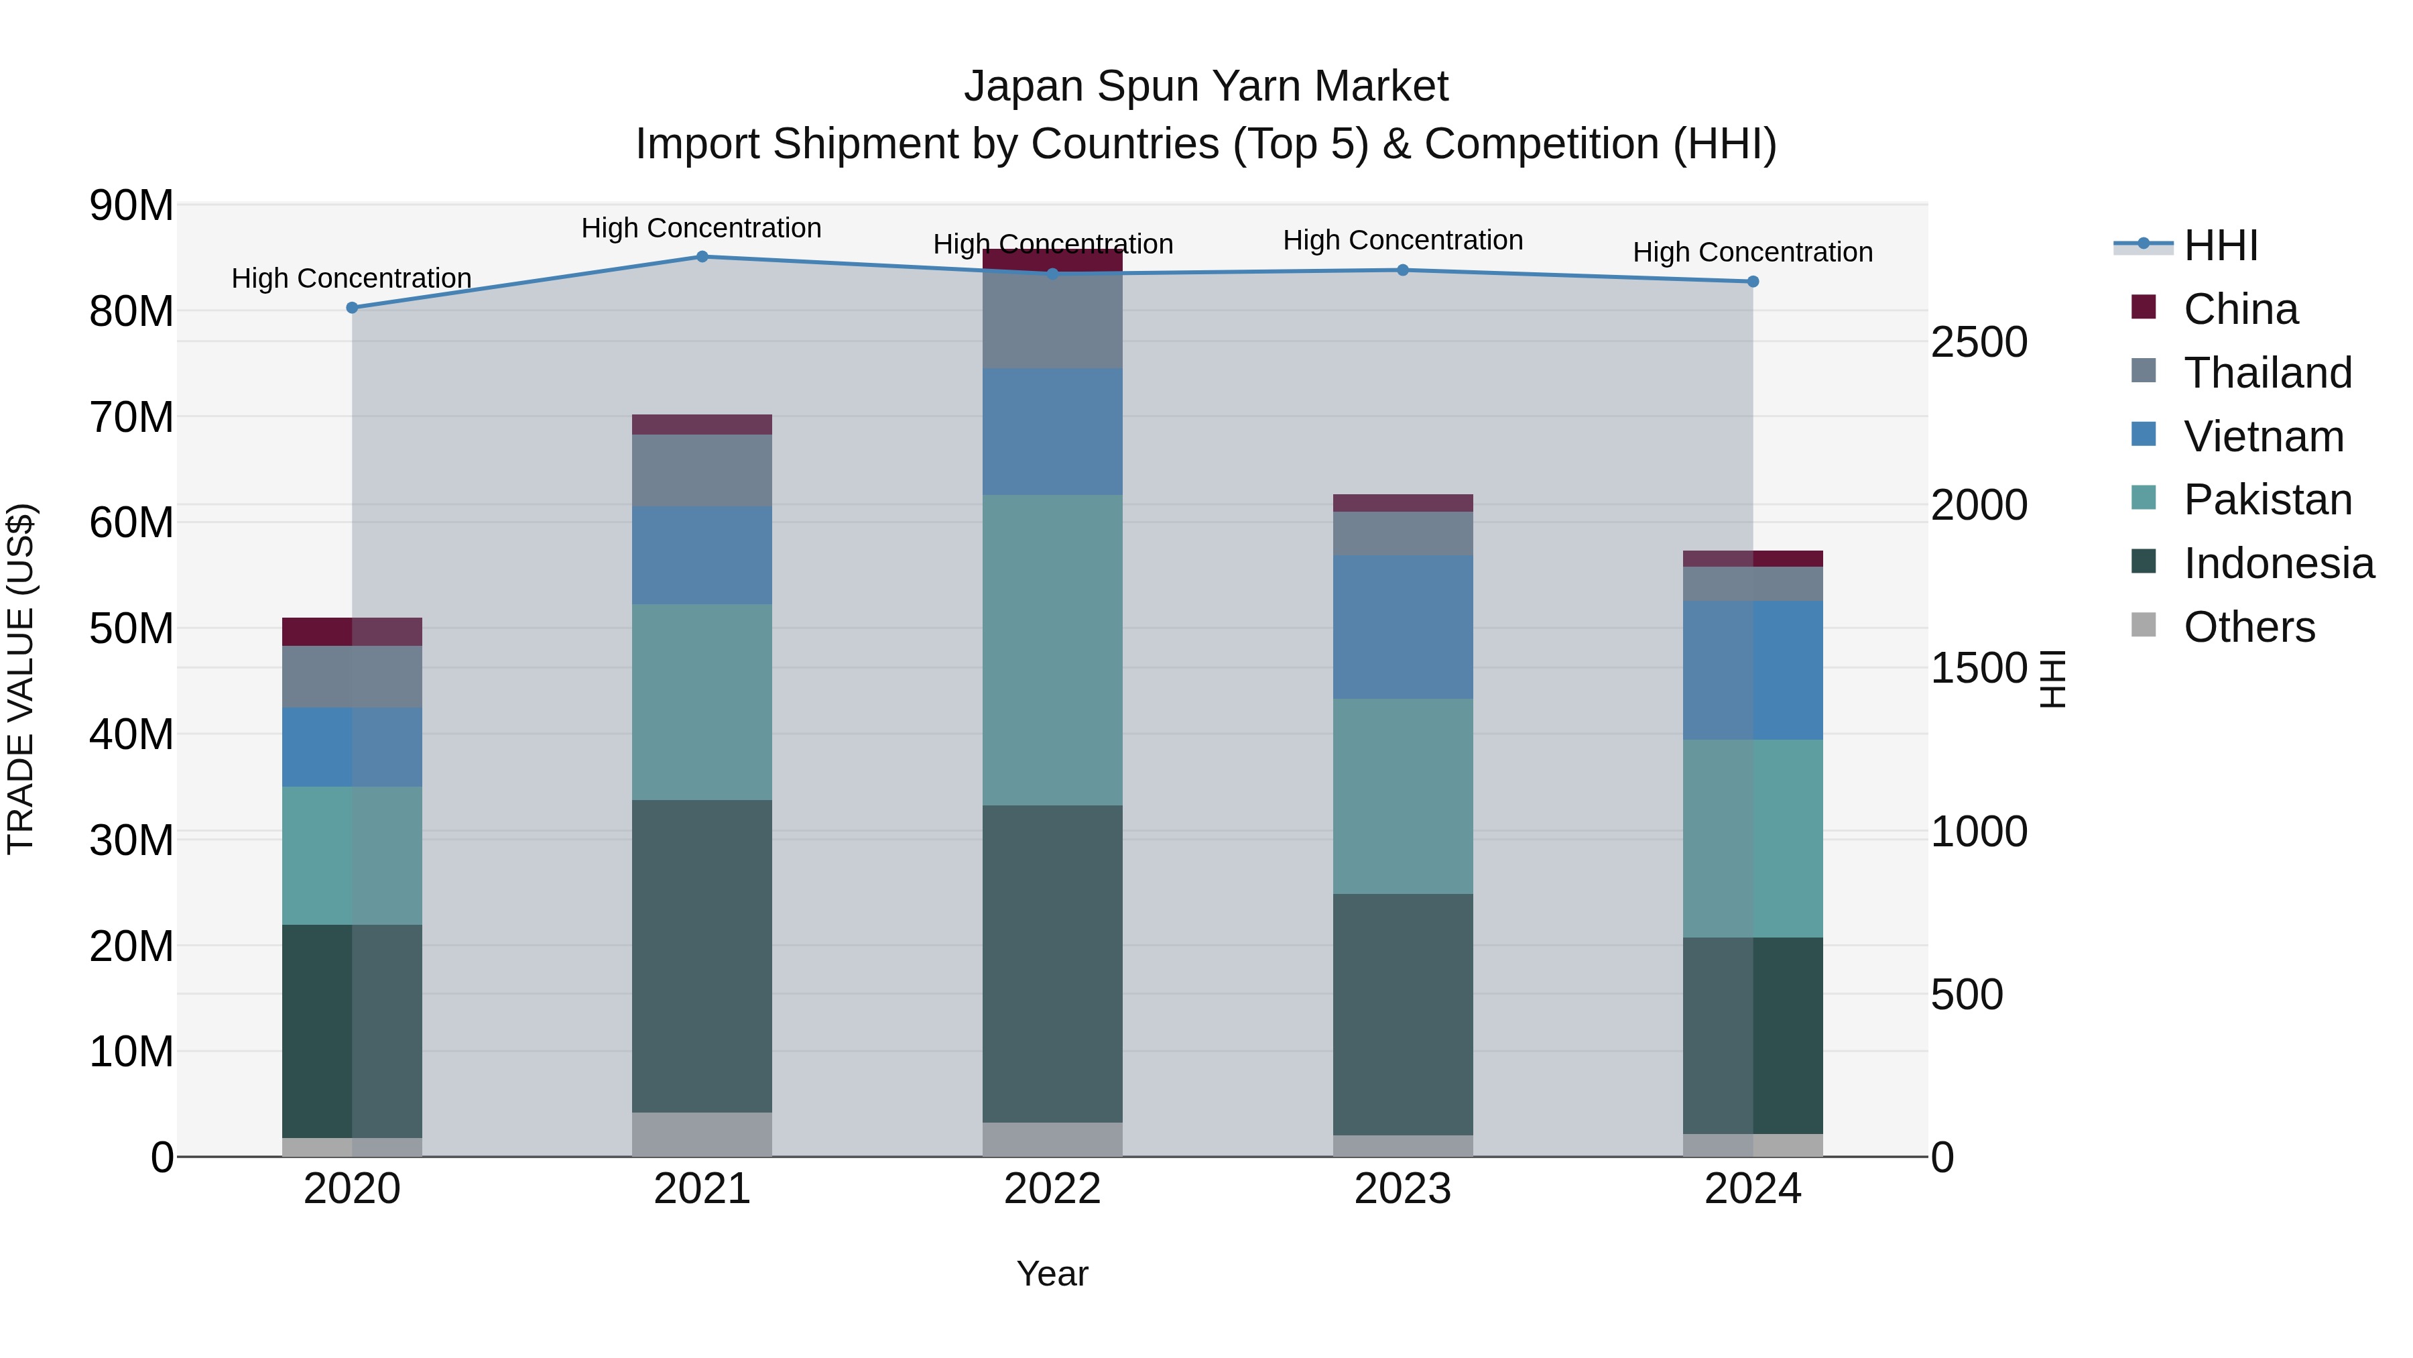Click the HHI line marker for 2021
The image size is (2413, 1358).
(702, 257)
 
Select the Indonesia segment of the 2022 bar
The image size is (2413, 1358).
(1052, 964)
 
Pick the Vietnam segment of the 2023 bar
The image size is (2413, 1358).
(1402, 626)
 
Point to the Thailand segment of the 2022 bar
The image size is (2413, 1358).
(1052, 321)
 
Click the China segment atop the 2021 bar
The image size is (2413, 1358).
(702, 425)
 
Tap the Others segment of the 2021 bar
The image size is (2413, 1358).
(702, 1134)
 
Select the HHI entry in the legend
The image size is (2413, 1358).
(2220, 245)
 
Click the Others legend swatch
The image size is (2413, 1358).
(2144, 625)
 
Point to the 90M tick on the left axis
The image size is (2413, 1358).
(131, 205)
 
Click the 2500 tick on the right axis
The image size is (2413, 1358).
(1979, 342)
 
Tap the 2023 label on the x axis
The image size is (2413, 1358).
(1402, 1189)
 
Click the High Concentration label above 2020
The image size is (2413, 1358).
(351, 278)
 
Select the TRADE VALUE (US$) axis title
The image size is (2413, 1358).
(21, 679)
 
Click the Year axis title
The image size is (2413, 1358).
(1052, 1274)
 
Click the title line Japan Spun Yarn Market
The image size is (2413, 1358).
(1206, 87)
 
